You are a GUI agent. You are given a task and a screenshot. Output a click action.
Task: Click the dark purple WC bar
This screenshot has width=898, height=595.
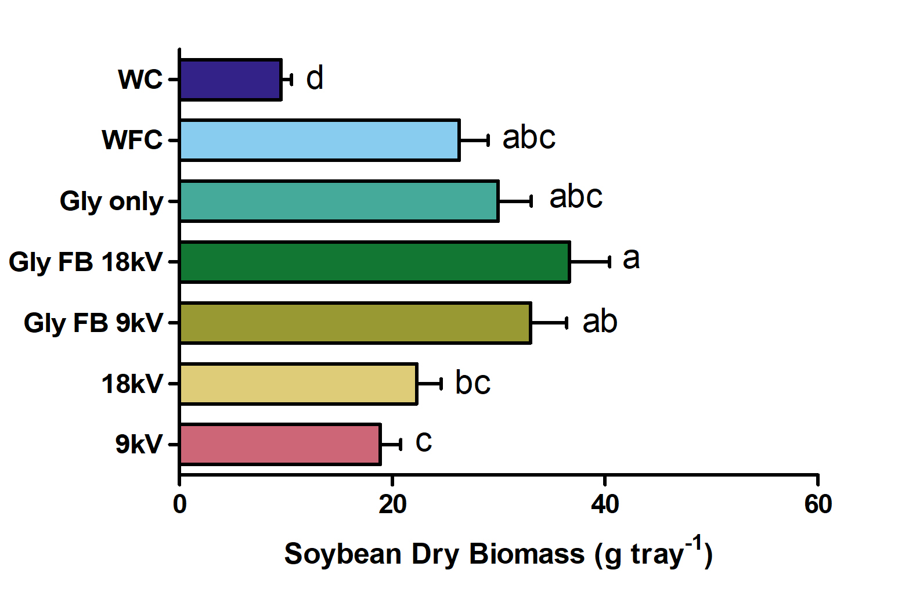(231, 80)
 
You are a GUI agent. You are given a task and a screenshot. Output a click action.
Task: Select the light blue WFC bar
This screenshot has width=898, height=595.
(320, 140)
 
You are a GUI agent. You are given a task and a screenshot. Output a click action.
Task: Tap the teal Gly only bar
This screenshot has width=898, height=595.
(340, 201)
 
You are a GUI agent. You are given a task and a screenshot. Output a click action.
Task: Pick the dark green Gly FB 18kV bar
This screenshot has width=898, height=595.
(375, 262)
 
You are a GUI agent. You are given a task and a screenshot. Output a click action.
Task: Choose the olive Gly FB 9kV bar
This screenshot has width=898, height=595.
(356, 323)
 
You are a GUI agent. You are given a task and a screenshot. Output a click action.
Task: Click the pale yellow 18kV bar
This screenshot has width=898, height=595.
(299, 384)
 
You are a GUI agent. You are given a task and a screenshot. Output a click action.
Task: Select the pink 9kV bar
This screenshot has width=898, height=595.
(280, 445)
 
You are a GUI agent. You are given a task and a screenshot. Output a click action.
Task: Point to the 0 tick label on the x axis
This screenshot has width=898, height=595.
(179, 504)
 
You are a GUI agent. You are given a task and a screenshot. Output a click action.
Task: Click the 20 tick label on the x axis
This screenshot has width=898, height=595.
(392, 504)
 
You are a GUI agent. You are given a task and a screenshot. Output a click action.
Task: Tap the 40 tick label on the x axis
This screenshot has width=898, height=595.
(605, 504)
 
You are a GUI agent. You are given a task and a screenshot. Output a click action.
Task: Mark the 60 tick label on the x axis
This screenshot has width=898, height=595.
(818, 504)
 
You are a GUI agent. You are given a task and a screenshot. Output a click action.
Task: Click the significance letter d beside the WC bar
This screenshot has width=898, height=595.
(315, 78)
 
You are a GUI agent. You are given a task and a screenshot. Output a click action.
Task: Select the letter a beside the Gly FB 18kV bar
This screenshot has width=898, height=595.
(631, 259)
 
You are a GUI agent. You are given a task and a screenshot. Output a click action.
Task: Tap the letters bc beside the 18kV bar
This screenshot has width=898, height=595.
(473, 382)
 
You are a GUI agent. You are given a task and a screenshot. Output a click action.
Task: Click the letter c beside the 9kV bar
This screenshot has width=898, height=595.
(424, 442)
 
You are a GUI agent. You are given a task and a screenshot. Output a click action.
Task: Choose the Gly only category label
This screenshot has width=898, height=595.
(111, 201)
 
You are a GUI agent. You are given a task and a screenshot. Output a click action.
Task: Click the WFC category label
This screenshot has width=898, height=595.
(132, 140)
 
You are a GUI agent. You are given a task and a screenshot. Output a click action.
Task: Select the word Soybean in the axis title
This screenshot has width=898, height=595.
(342, 555)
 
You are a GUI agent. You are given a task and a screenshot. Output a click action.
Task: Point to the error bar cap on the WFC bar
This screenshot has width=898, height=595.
(488, 140)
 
